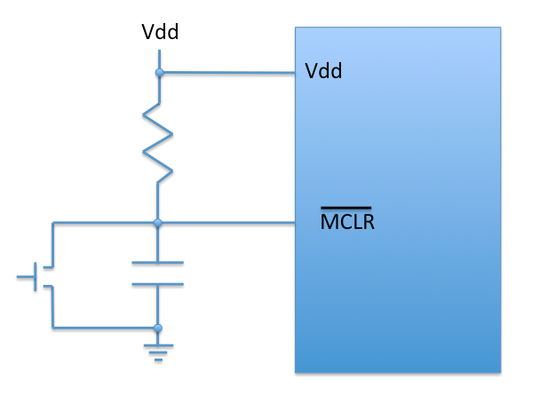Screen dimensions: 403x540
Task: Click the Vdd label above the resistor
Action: tap(160, 33)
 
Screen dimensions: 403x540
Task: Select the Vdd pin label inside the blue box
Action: tap(323, 71)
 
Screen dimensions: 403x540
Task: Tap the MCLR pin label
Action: tap(347, 222)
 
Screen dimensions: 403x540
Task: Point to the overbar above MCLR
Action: tap(346, 209)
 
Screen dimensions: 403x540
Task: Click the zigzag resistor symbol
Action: tap(158, 142)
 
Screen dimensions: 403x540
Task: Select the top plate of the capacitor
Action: tap(158, 263)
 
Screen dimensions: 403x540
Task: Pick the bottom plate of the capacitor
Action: tap(158, 284)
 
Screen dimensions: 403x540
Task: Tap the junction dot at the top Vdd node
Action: tap(158, 72)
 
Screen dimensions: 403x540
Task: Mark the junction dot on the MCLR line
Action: tap(158, 222)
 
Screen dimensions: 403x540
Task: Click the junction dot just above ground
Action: tap(158, 328)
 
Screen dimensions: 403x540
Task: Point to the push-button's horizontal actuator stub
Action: tap(26, 276)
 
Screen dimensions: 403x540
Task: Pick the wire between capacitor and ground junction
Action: tap(158, 306)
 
